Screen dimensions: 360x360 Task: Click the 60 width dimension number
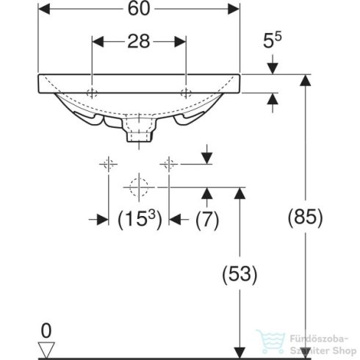(x=139, y=9)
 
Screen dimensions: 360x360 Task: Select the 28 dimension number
(x=139, y=41)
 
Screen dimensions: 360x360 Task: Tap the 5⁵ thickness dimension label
(x=273, y=40)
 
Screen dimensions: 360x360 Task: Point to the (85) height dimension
(x=305, y=217)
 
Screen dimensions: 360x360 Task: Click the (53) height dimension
(x=240, y=274)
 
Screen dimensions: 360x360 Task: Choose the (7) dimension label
(x=207, y=220)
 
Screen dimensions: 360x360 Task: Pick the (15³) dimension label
(x=140, y=220)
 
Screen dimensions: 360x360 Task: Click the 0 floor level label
(x=46, y=331)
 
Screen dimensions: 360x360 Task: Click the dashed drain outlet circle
(x=139, y=187)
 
